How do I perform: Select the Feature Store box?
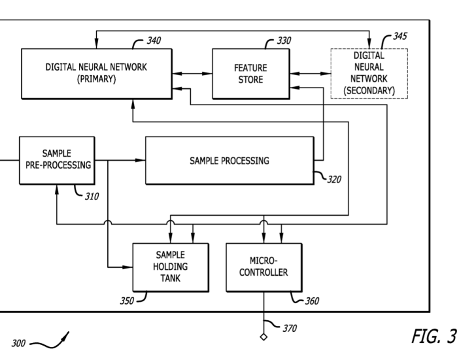251,73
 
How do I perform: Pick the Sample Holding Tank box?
170,267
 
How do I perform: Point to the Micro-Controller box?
263,267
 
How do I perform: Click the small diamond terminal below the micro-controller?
263,337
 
